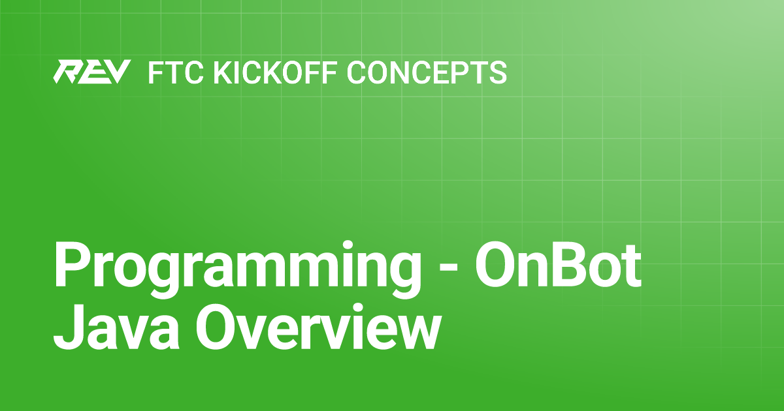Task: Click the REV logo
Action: coord(92,72)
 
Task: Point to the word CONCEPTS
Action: coord(427,72)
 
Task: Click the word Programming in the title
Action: coord(237,269)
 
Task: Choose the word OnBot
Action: coord(558,265)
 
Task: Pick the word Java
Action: coord(116,327)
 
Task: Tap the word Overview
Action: coord(317,326)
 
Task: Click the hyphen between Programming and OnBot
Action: coord(448,268)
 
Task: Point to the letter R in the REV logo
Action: coord(67,72)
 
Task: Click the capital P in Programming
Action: coord(71,265)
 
